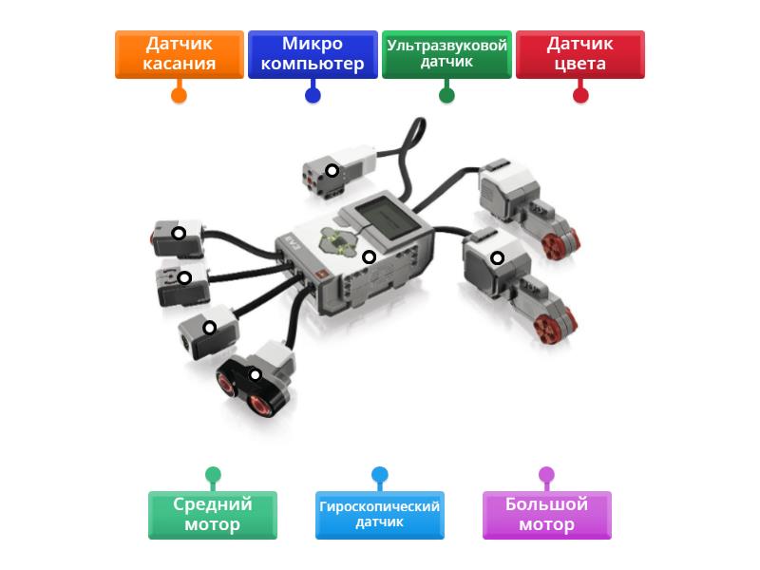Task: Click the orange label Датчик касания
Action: (x=180, y=54)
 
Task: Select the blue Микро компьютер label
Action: (x=313, y=54)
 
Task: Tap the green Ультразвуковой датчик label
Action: (x=446, y=54)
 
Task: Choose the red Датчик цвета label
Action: (x=579, y=54)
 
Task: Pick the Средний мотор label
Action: (x=213, y=515)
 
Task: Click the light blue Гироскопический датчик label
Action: (x=379, y=515)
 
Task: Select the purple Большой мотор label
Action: (x=546, y=515)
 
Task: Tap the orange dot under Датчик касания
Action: (x=179, y=95)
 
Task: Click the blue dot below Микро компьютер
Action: (x=313, y=95)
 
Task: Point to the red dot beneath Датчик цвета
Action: (x=580, y=95)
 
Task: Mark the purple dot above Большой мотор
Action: (x=546, y=474)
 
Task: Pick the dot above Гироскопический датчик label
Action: (x=379, y=474)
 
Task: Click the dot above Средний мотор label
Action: (x=213, y=474)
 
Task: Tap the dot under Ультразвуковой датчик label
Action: (x=446, y=95)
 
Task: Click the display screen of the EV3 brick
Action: (x=390, y=213)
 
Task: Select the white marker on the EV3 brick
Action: (x=370, y=257)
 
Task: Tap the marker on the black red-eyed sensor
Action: (x=255, y=374)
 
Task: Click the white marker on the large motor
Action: (x=496, y=257)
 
